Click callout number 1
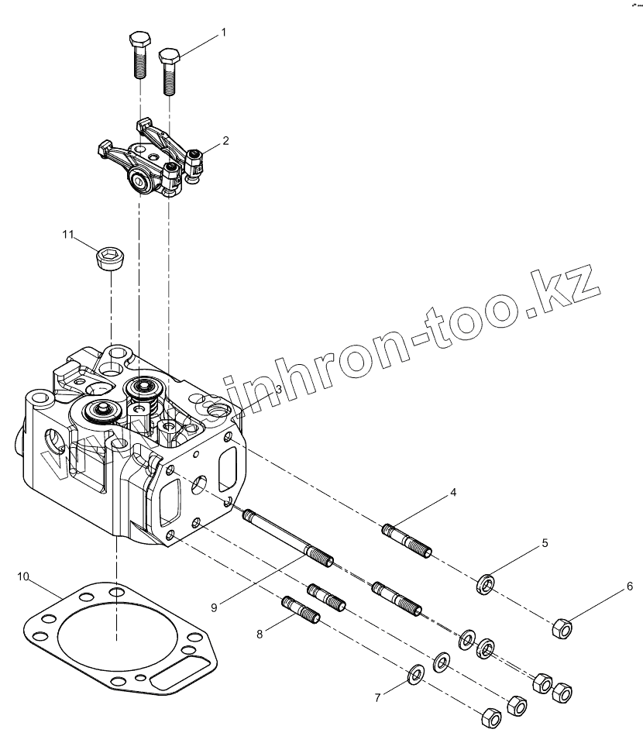coord(224,33)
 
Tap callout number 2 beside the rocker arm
coord(225,141)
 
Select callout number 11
coord(67,233)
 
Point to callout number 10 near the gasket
coord(24,576)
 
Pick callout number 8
coord(260,634)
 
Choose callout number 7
coord(377,697)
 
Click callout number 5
coord(545,543)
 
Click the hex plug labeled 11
coord(108,258)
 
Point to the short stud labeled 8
coord(300,608)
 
